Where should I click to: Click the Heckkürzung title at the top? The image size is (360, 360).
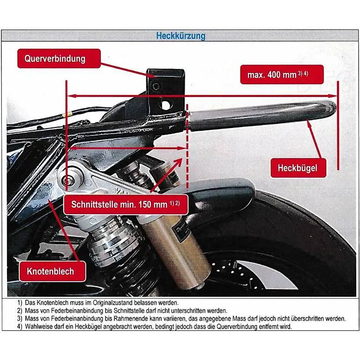180,36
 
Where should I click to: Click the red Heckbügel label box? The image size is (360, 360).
298,168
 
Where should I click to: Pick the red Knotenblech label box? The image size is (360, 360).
53,271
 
